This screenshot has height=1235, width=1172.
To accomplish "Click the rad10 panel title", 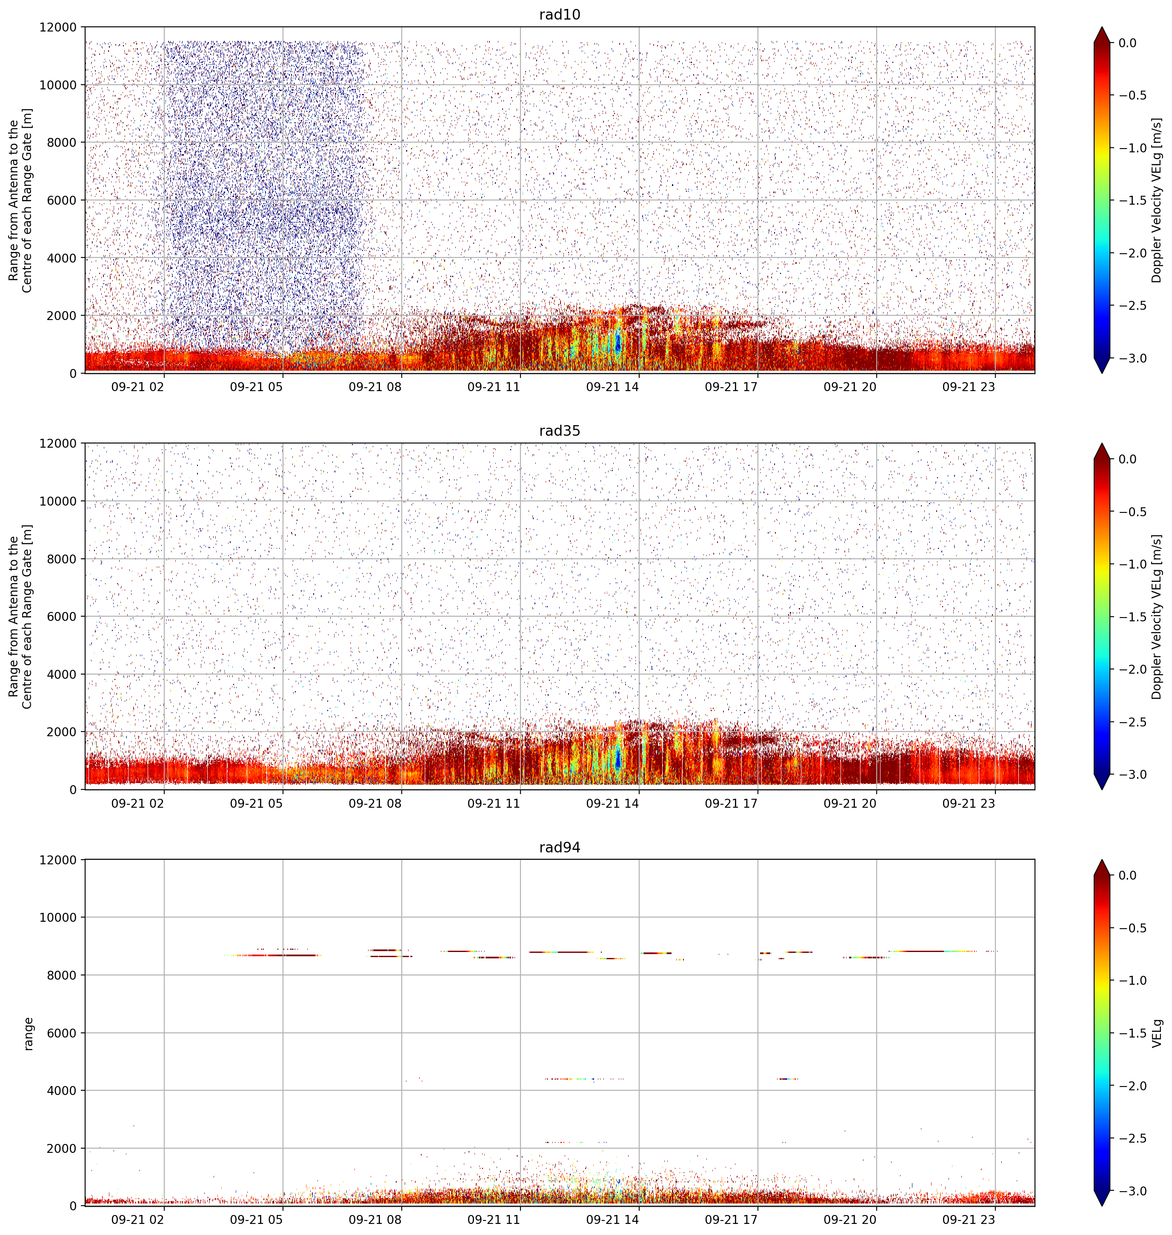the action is pyautogui.click(x=560, y=14).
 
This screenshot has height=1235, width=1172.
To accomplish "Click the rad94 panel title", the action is pyautogui.click(x=560, y=847).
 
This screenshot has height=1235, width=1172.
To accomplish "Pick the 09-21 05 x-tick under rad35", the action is pyautogui.click(x=256, y=803).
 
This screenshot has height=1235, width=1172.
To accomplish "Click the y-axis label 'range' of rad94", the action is pyautogui.click(x=28, y=1034).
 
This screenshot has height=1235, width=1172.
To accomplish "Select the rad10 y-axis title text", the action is pyautogui.click(x=20, y=200).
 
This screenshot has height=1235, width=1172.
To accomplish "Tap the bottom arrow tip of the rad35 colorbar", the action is pyautogui.click(x=1102, y=789).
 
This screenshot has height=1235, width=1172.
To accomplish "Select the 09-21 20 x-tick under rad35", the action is pyautogui.click(x=850, y=803).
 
